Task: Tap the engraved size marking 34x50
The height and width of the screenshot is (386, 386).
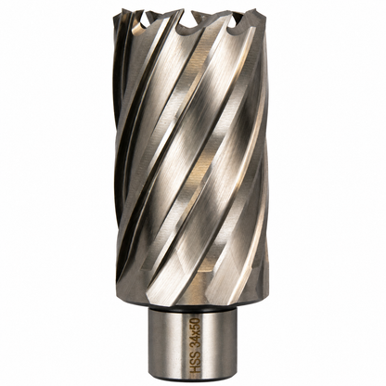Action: pyautogui.click(x=197, y=332)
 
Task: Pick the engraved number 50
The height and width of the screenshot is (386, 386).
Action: pyautogui.click(x=197, y=323)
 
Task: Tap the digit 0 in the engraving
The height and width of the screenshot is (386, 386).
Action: pyautogui.click(x=197, y=320)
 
